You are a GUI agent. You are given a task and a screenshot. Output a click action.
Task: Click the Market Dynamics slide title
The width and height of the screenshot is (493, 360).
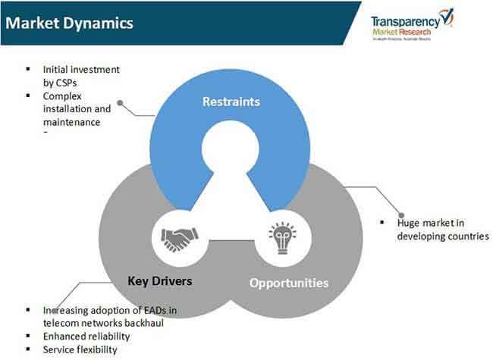pos(68,23)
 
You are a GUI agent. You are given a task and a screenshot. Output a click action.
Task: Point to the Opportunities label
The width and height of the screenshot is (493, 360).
pos(289,283)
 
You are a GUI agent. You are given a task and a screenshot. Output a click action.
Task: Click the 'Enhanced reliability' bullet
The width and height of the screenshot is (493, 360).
pos(86,336)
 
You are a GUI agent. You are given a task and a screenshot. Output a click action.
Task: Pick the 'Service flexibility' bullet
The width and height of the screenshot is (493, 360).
pos(80,349)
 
